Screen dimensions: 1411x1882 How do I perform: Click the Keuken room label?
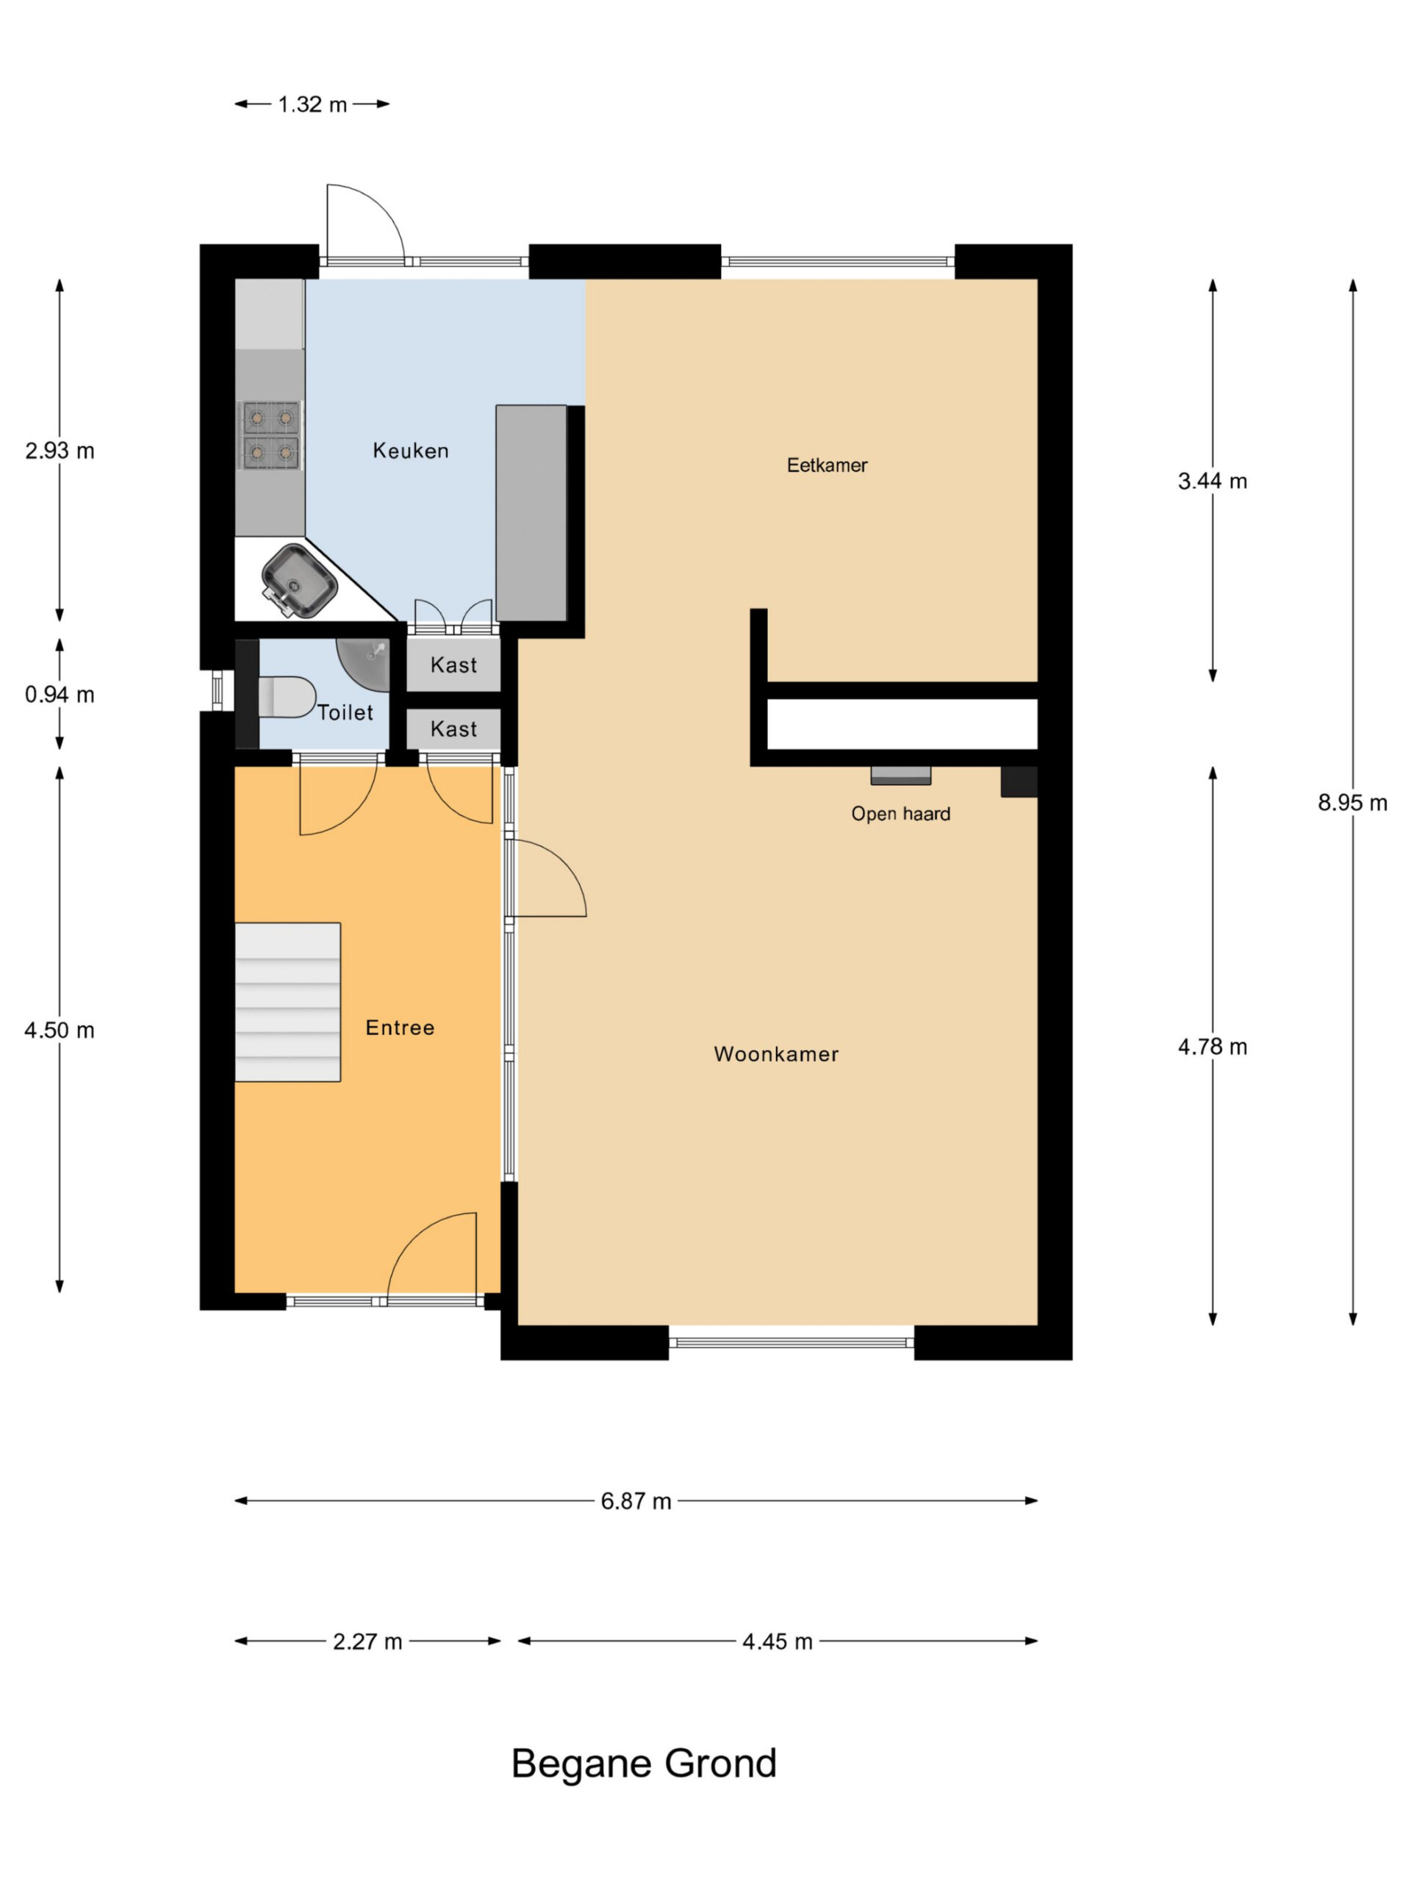coord(410,451)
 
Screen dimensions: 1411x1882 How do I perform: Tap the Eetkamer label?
coord(827,465)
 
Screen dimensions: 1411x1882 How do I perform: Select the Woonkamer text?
coord(775,1054)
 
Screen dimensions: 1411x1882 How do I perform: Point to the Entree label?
coord(400,1028)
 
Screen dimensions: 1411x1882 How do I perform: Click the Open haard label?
coord(901,815)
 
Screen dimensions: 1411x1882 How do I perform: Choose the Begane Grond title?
coord(644,1764)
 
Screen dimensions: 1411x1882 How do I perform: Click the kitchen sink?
coord(298,580)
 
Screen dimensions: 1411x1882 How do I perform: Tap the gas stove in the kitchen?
coord(271,436)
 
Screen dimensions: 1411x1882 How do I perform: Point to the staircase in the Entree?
coord(287,1001)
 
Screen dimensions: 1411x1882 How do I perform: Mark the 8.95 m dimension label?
coord(1352,802)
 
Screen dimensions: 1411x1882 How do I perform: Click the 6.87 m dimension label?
coord(636,1501)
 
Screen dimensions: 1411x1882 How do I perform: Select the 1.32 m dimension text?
coord(312,104)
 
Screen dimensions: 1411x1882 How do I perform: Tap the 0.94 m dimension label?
coord(60,695)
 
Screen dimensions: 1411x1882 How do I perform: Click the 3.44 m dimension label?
coord(1212,482)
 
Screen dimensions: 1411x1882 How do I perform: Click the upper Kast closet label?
coord(453,665)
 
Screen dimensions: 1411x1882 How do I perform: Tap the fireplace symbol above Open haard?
coord(901,775)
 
